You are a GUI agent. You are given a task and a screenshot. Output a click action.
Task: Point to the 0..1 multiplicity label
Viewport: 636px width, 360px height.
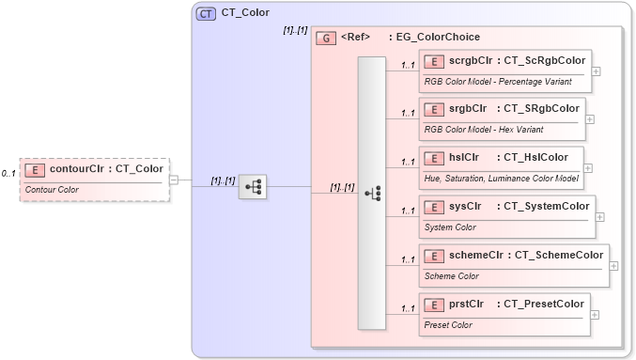(8, 174)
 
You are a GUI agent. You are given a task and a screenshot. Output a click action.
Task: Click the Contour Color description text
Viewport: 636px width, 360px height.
(53, 190)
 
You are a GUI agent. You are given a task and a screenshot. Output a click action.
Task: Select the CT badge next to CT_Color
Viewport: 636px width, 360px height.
(205, 13)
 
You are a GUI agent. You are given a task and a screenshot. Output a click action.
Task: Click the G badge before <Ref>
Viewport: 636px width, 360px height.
(326, 38)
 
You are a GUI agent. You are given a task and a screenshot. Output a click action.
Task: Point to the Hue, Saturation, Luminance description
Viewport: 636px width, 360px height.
(501, 178)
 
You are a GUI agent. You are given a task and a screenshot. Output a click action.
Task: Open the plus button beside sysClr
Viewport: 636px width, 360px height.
(599, 216)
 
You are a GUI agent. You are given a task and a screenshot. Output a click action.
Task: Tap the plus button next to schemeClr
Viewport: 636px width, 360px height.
(614, 265)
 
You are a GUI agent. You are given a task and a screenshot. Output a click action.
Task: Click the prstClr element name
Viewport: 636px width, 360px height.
(466, 304)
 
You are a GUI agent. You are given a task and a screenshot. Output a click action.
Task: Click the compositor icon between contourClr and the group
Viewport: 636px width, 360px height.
(252, 187)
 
